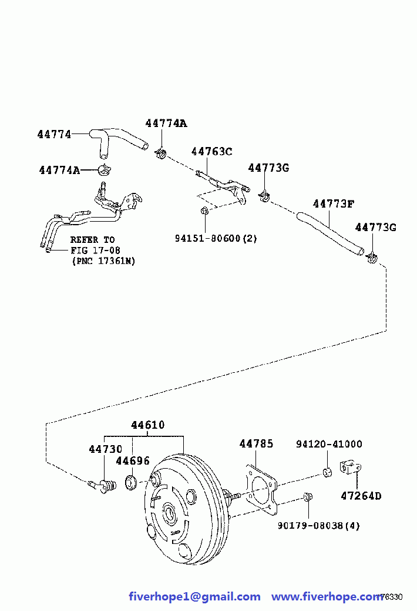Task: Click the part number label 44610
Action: (147, 425)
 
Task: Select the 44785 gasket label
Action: (256, 443)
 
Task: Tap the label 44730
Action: (106, 449)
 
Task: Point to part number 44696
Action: (133, 461)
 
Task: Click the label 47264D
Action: (361, 496)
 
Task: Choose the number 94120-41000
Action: (329, 444)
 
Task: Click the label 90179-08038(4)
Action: (318, 526)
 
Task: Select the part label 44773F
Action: (334, 204)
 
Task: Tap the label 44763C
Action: (211, 151)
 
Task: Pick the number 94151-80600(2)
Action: (216, 238)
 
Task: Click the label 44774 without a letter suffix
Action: (54, 135)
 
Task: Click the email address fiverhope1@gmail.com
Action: (194, 596)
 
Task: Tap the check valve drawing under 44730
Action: (102, 486)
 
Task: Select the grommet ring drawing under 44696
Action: (130, 482)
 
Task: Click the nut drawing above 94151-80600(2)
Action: (204, 211)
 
